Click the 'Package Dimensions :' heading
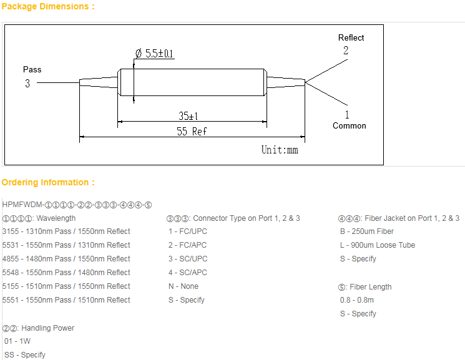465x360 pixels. tap(48, 7)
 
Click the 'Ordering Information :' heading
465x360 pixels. tap(48, 183)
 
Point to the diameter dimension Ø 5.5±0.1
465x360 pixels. tap(154, 54)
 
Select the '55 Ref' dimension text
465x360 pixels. tap(192, 131)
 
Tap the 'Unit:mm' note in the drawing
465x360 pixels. tap(280, 150)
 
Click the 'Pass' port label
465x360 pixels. tap(32, 69)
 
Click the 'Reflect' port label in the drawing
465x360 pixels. tap(351, 38)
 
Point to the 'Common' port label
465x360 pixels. tap(349, 126)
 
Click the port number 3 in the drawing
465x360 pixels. tap(27, 83)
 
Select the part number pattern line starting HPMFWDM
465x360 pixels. tap(77, 205)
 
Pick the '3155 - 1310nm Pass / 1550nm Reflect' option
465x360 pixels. tap(66, 231)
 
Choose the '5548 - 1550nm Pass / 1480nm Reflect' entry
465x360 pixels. tap(66, 273)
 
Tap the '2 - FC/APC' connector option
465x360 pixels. tap(188, 245)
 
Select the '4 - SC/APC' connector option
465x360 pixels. tap(188, 273)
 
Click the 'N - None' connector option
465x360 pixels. tap(184, 286)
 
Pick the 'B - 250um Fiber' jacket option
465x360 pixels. tap(367, 231)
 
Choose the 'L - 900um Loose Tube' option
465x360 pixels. tap(378, 245)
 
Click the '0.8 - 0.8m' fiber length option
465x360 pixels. tap(357, 300)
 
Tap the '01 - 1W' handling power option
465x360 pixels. tap(17, 341)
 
